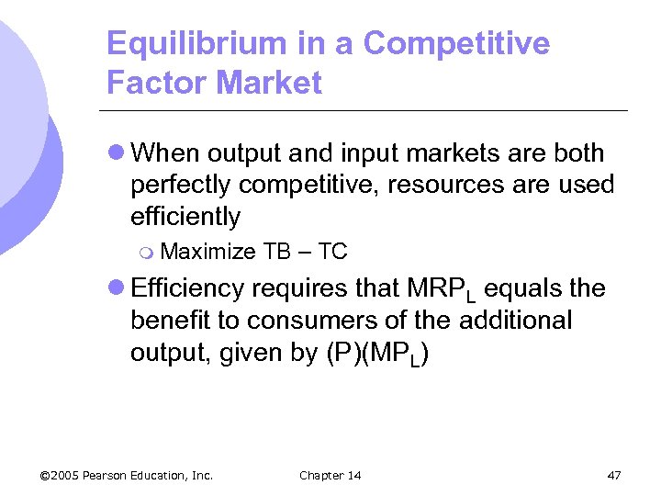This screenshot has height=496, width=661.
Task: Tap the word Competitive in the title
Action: (x=456, y=43)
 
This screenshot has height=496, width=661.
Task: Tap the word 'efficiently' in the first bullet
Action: (x=185, y=217)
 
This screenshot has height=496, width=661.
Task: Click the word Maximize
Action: (x=207, y=251)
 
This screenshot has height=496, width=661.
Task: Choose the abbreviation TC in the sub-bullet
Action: (x=331, y=251)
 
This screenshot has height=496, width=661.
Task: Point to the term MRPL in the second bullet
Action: (x=441, y=290)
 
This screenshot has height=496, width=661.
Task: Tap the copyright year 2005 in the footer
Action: (x=66, y=475)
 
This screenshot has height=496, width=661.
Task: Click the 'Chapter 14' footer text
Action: (x=330, y=475)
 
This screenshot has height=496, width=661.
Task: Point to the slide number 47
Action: (x=614, y=475)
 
